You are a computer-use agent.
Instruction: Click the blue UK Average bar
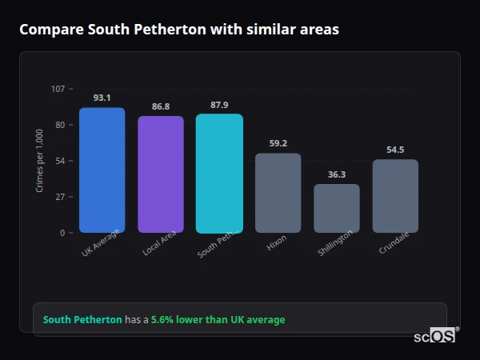coord(102,170)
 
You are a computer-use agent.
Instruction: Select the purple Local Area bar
coord(161,174)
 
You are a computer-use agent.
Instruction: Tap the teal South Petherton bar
coord(219,173)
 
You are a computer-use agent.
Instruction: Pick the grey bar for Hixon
coord(278,193)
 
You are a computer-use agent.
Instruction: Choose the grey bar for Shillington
coord(337,208)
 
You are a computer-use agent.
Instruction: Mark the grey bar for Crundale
coord(395,196)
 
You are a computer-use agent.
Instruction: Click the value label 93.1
coord(102,98)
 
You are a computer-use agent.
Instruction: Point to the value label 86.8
coord(161,106)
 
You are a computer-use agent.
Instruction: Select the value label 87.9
coord(219,105)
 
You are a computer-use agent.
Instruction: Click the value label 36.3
coord(337,174)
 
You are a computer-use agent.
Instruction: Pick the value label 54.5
coord(395,150)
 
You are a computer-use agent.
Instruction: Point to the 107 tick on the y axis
coord(58,89)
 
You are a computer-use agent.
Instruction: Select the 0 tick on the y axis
coord(62,233)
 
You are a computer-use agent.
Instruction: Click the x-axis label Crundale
coord(394,244)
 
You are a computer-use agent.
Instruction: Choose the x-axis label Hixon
coord(277,243)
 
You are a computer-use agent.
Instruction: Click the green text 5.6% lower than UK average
coord(218,320)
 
